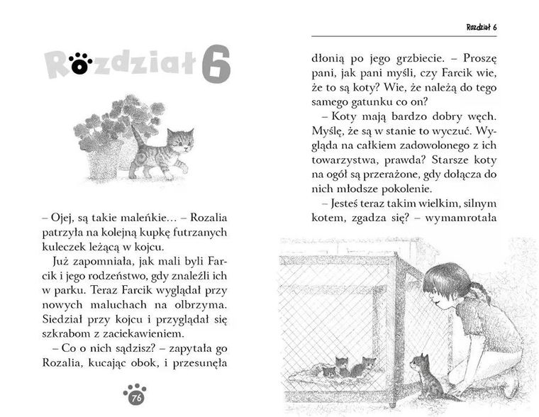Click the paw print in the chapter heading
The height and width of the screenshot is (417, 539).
click(x=80, y=64)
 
